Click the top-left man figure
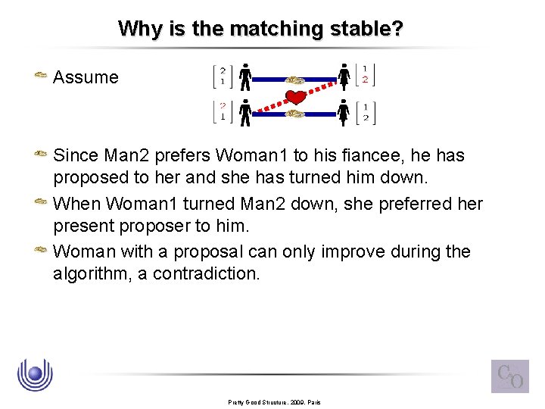(245, 76)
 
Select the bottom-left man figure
(245, 113)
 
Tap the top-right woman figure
(344, 76)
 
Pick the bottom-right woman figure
(344, 113)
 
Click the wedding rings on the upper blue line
(295, 78)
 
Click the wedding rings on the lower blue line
(295, 114)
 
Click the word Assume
(86, 77)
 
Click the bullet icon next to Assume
(41, 76)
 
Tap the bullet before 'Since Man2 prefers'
(41, 155)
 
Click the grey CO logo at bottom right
(509, 376)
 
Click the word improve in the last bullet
(344, 251)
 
